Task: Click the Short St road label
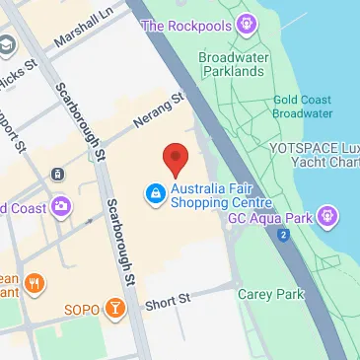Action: (167, 301)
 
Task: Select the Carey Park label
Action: (263, 293)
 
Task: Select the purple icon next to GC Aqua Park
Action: (327, 215)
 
